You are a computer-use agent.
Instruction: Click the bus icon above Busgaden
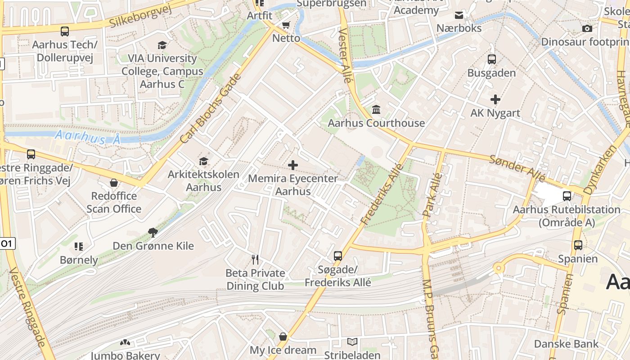[x=492, y=59]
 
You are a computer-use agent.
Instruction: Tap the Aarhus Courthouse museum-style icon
[x=376, y=109]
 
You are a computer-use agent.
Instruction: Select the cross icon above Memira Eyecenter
[x=293, y=165]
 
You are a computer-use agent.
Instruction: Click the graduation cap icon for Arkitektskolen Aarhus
[x=204, y=161]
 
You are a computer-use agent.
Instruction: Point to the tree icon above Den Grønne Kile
[x=153, y=232]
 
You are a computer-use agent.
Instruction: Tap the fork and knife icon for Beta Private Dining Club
[x=255, y=260]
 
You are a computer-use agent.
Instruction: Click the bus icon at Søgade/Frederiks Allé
[x=338, y=256]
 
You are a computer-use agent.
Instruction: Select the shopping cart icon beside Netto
[x=286, y=25]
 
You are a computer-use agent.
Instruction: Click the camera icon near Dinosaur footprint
[x=587, y=29]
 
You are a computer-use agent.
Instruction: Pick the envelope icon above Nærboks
[x=459, y=15]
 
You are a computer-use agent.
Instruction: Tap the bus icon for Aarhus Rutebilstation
[x=567, y=196]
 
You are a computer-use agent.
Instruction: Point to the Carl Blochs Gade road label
[x=211, y=109]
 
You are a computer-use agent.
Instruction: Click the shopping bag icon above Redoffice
[x=114, y=183]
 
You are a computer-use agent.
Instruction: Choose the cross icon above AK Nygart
[x=495, y=99]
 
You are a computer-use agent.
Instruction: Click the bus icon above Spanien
[x=578, y=245]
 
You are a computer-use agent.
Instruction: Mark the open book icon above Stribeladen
[x=352, y=342]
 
